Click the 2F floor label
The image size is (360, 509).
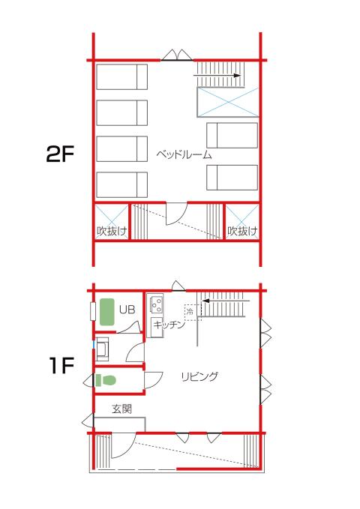(x=61, y=154)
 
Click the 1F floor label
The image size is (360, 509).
(x=62, y=365)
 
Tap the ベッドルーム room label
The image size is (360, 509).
(x=184, y=154)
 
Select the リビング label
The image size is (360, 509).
(x=199, y=376)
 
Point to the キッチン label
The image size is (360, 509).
(x=169, y=325)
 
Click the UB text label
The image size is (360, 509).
(x=127, y=310)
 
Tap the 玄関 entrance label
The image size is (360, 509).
(x=121, y=409)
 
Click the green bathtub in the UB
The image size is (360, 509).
(x=107, y=312)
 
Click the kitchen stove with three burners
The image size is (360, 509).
(x=157, y=304)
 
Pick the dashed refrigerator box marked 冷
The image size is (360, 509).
(x=193, y=313)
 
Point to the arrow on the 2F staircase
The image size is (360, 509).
(x=217, y=75)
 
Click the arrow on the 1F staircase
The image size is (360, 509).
(x=226, y=301)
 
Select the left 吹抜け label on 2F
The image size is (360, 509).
(x=112, y=231)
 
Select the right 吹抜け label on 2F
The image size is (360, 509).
(x=242, y=231)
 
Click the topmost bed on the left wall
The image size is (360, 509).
(x=121, y=77)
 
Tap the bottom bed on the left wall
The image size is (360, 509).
(x=121, y=184)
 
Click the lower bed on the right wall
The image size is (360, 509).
(x=232, y=178)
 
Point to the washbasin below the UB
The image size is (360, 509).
(x=103, y=349)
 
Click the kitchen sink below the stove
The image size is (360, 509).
(x=157, y=327)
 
